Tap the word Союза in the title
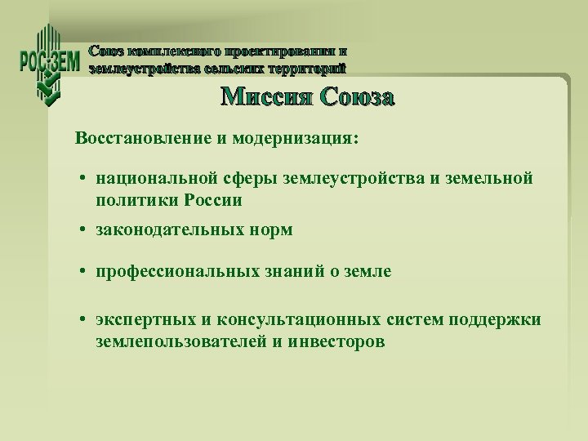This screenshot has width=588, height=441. tap(358, 97)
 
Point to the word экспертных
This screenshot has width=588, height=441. tap(140, 320)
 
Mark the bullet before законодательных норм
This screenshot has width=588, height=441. tap(84, 231)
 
